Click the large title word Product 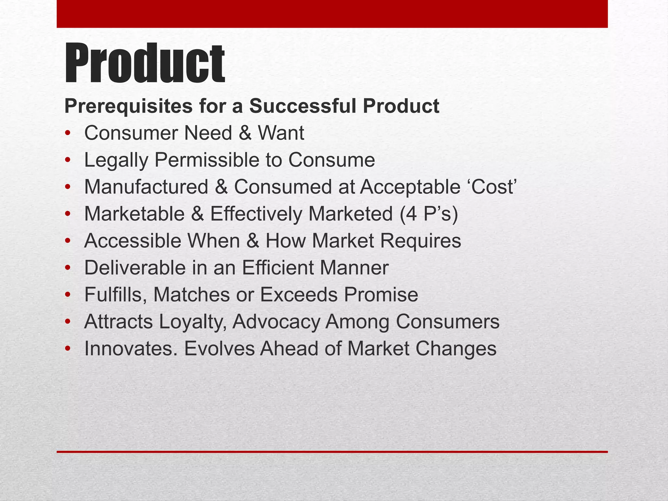144,64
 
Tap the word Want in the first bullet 281,133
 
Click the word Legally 116,160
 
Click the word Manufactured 146,187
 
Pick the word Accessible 133,241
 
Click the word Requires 420,241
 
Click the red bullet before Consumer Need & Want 68,133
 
